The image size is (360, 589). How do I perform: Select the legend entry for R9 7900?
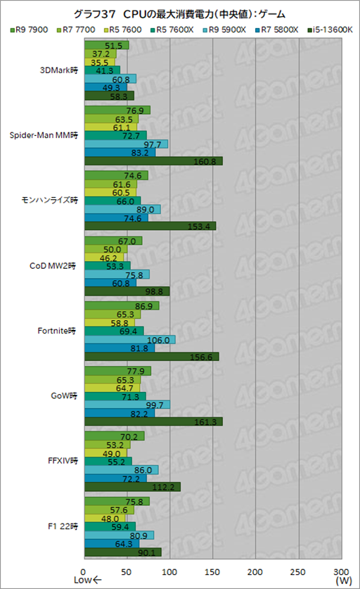click(x=30, y=29)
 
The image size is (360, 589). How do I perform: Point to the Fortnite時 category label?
click(x=61, y=330)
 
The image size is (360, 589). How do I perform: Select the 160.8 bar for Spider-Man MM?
click(x=153, y=161)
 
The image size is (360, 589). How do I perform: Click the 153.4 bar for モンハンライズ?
click(x=150, y=226)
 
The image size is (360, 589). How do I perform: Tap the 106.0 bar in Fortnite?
click(x=129, y=339)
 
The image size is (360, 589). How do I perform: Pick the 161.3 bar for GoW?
click(x=153, y=422)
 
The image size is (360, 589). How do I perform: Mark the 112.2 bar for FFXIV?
click(x=132, y=486)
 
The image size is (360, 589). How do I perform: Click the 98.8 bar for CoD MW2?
click(x=127, y=291)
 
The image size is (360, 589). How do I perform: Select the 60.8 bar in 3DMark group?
click(x=110, y=79)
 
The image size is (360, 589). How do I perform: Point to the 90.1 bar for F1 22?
click(x=122, y=552)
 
